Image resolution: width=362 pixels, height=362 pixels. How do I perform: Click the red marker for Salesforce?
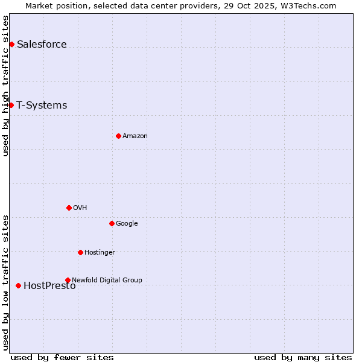[x=11, y=44]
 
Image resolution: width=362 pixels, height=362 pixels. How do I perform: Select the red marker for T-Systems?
[x=11, y=105]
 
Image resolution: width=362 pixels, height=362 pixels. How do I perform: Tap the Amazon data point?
[x=118, y=136]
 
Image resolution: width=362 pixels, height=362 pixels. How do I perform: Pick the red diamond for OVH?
[x=69, y=208]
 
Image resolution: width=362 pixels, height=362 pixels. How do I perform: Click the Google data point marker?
[x=112, y=223]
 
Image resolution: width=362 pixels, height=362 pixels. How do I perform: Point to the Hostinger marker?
[x=80, y=252]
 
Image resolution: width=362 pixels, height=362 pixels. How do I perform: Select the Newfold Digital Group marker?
[x=68, y=280]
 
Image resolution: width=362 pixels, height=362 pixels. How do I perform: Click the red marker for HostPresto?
[x=18, y=285]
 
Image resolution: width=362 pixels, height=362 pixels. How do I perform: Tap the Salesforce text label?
[x=42, y=44]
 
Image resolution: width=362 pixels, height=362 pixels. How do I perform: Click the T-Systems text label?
[x=42, y=105]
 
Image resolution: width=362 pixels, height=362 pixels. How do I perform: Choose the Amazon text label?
[x=135, y=136]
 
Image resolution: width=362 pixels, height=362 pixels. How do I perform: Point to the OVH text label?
[x=80, y=208]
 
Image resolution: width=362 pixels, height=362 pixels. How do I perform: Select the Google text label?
[x=127, y=223]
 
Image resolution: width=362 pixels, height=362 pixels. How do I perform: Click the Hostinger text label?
[x=100, y=252]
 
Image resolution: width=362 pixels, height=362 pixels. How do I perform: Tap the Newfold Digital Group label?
[x=107, y=280]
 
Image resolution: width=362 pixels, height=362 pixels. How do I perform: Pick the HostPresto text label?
[x=49, y=286]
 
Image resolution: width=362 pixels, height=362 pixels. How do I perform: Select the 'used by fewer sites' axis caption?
[x=62, y=357]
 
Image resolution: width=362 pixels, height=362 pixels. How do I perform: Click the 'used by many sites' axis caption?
[x=303, y=357]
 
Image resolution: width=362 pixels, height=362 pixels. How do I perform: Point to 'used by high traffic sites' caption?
[x=5, y=86]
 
